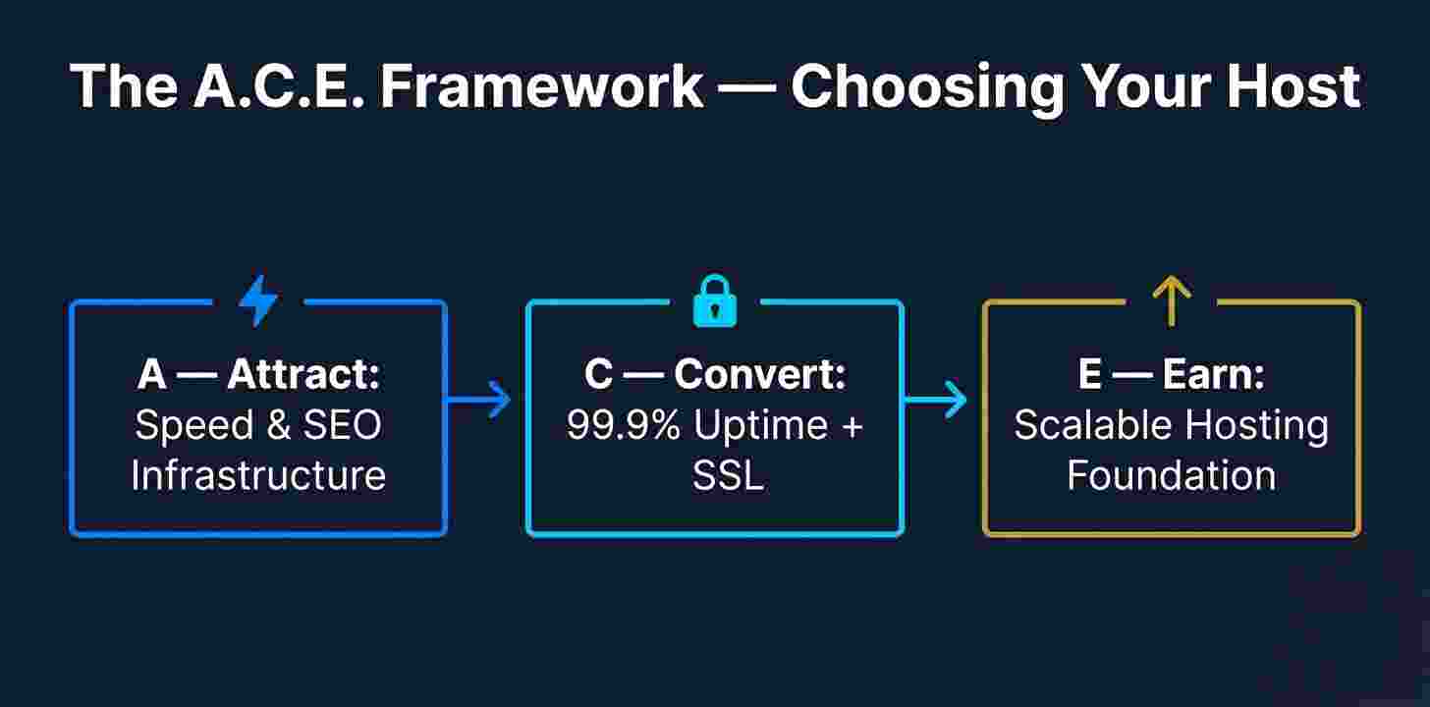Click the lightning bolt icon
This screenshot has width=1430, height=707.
[x=258, y=300]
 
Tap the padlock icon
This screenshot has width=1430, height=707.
[x=714, y=300]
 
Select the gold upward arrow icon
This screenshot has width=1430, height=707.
[x=1171, y=300]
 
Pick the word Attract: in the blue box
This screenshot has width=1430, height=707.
[x=303, y=374]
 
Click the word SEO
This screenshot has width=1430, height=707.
[x=343, y=425]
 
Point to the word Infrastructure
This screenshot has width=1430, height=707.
[x=258, y=475]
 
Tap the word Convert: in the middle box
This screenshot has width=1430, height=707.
[x=760, y=374]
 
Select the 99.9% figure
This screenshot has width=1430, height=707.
[x=625, y=425]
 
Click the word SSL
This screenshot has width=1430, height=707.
[x=728, y=475]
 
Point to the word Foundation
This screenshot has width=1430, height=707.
[x=1171, y=475]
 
